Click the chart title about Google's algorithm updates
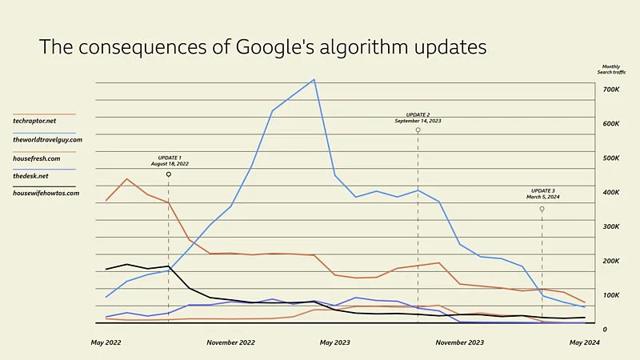point(262,47)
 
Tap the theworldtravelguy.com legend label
point(47,139)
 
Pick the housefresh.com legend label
point(37,158)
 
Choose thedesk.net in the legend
point(31,175)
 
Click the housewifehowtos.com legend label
point(46,193)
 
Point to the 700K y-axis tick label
point(611,89)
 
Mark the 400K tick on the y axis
point(611,192)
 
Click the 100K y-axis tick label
point(611,295)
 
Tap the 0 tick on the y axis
point(605,330)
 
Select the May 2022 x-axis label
point(106,342)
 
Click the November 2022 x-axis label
point(230,342)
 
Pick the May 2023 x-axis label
point(335,342)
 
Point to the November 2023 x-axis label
point(459,342)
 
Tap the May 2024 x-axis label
point(584,342)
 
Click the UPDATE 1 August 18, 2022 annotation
point(170,160)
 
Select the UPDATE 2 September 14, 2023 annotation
point(418,118)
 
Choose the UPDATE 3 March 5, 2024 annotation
point(542,194)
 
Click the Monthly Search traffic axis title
point(611,70)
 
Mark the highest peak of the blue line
point(314,79)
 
